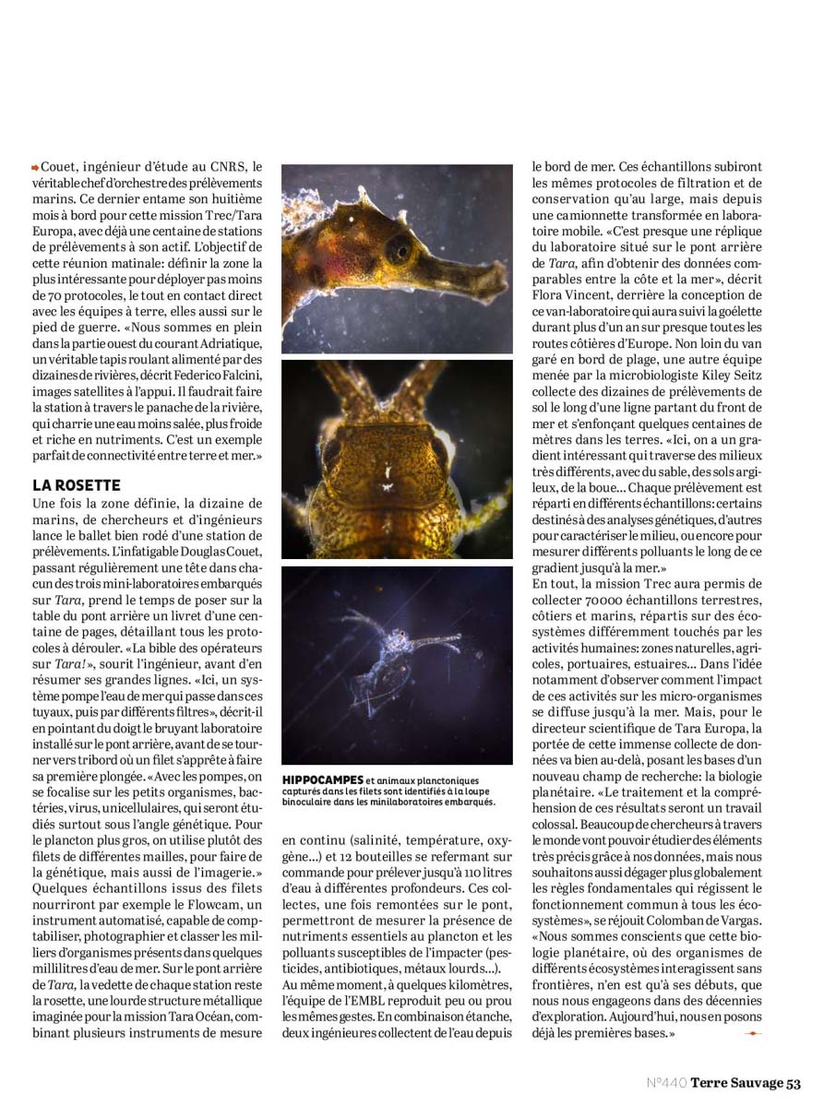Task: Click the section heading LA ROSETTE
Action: (x=76, y=485)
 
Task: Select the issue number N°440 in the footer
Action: (x=666, y=1083)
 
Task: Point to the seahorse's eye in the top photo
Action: (x=399, y=248)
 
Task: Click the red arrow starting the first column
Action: (x=35, y=167)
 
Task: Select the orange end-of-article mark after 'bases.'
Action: (x=752, y=1034)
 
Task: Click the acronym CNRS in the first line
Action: (x=233, y=167)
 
